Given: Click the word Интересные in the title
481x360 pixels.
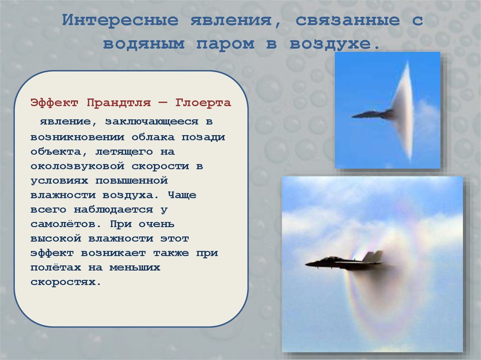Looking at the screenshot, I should coord(120,21).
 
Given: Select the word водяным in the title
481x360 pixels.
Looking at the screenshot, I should coord(144,44).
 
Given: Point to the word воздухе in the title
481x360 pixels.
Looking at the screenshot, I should coord(334,44).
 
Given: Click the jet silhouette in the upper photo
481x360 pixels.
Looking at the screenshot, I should coord(371,114).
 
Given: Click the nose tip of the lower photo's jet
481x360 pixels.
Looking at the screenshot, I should coord(307,264).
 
